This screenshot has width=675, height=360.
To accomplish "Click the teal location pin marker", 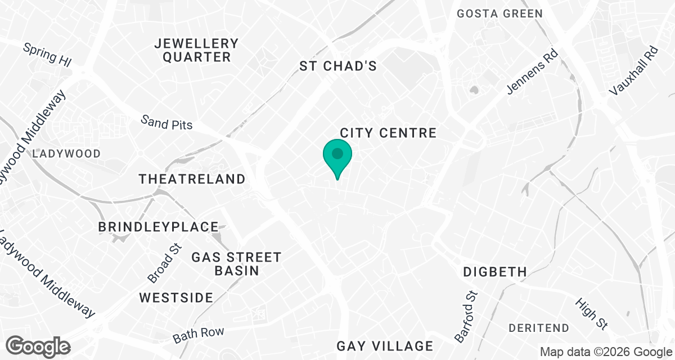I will (x=337, y=157).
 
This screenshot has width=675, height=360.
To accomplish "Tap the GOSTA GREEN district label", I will (x=499, y=13).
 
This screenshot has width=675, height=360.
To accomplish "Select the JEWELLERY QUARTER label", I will (x=197, y=50).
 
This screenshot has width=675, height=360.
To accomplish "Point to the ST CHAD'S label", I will (x=337, y=66).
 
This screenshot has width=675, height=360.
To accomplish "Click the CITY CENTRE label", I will (x=388, y=133).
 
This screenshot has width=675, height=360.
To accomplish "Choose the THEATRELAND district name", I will (x=192, y=179).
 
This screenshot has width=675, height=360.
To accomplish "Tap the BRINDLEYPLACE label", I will (x=158, y=227).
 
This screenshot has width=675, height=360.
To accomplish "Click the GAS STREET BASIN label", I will (x=236, y=264).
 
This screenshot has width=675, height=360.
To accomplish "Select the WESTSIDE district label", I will (x=176, y=298).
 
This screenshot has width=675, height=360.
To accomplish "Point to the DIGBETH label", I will (x=495, y=272).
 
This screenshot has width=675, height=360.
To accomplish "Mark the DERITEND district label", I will (x=538, y=327).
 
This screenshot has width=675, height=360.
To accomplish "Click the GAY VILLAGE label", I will (x=385, y=346).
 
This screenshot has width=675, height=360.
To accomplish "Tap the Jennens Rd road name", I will (x=532, y=73).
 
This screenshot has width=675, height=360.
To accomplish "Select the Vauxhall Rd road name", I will (x=633, y=70).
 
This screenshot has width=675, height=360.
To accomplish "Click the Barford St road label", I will (x=466, y=317).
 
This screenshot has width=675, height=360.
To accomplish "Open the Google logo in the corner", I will (x=39, y=346).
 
